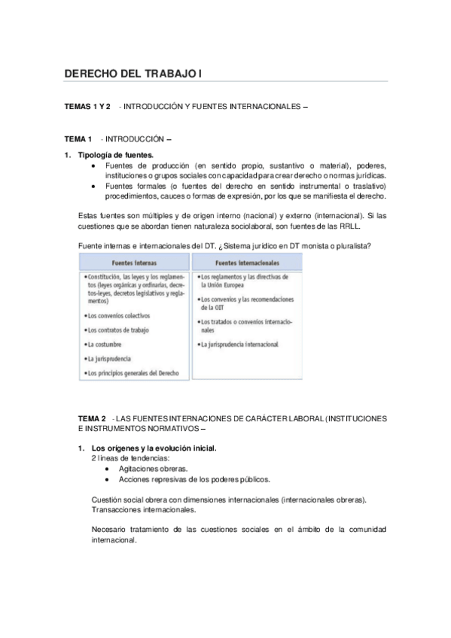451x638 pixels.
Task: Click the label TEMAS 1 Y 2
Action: pos(87,107)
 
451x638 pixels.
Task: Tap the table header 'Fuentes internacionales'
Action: pos(247,264)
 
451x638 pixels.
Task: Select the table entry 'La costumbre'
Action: pos(105,345)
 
